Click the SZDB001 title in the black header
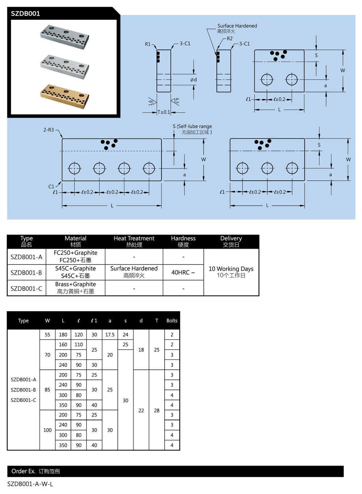coord(25,14)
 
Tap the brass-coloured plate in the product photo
coord(64,96)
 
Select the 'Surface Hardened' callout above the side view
coord(237,26)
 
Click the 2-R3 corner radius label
coord(49,130)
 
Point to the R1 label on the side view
coord(148,44)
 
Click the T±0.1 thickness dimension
coord(164,112)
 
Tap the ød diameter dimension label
coord(194,80)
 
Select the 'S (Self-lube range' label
coord(192,126)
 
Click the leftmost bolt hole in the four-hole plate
coord(75,168)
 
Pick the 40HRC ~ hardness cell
coord(183,272)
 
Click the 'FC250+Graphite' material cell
coord(75,253)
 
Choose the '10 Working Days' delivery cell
coord(231,269)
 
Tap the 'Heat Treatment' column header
coord(134,239)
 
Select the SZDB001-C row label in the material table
coord(26,288)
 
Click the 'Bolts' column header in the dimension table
coord(172,321)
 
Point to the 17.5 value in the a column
coord(110,335)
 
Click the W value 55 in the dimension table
coord(47,335)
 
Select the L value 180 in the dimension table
coord(63,335)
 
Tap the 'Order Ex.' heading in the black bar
coord(23,471)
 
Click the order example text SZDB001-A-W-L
coord(30,484)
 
